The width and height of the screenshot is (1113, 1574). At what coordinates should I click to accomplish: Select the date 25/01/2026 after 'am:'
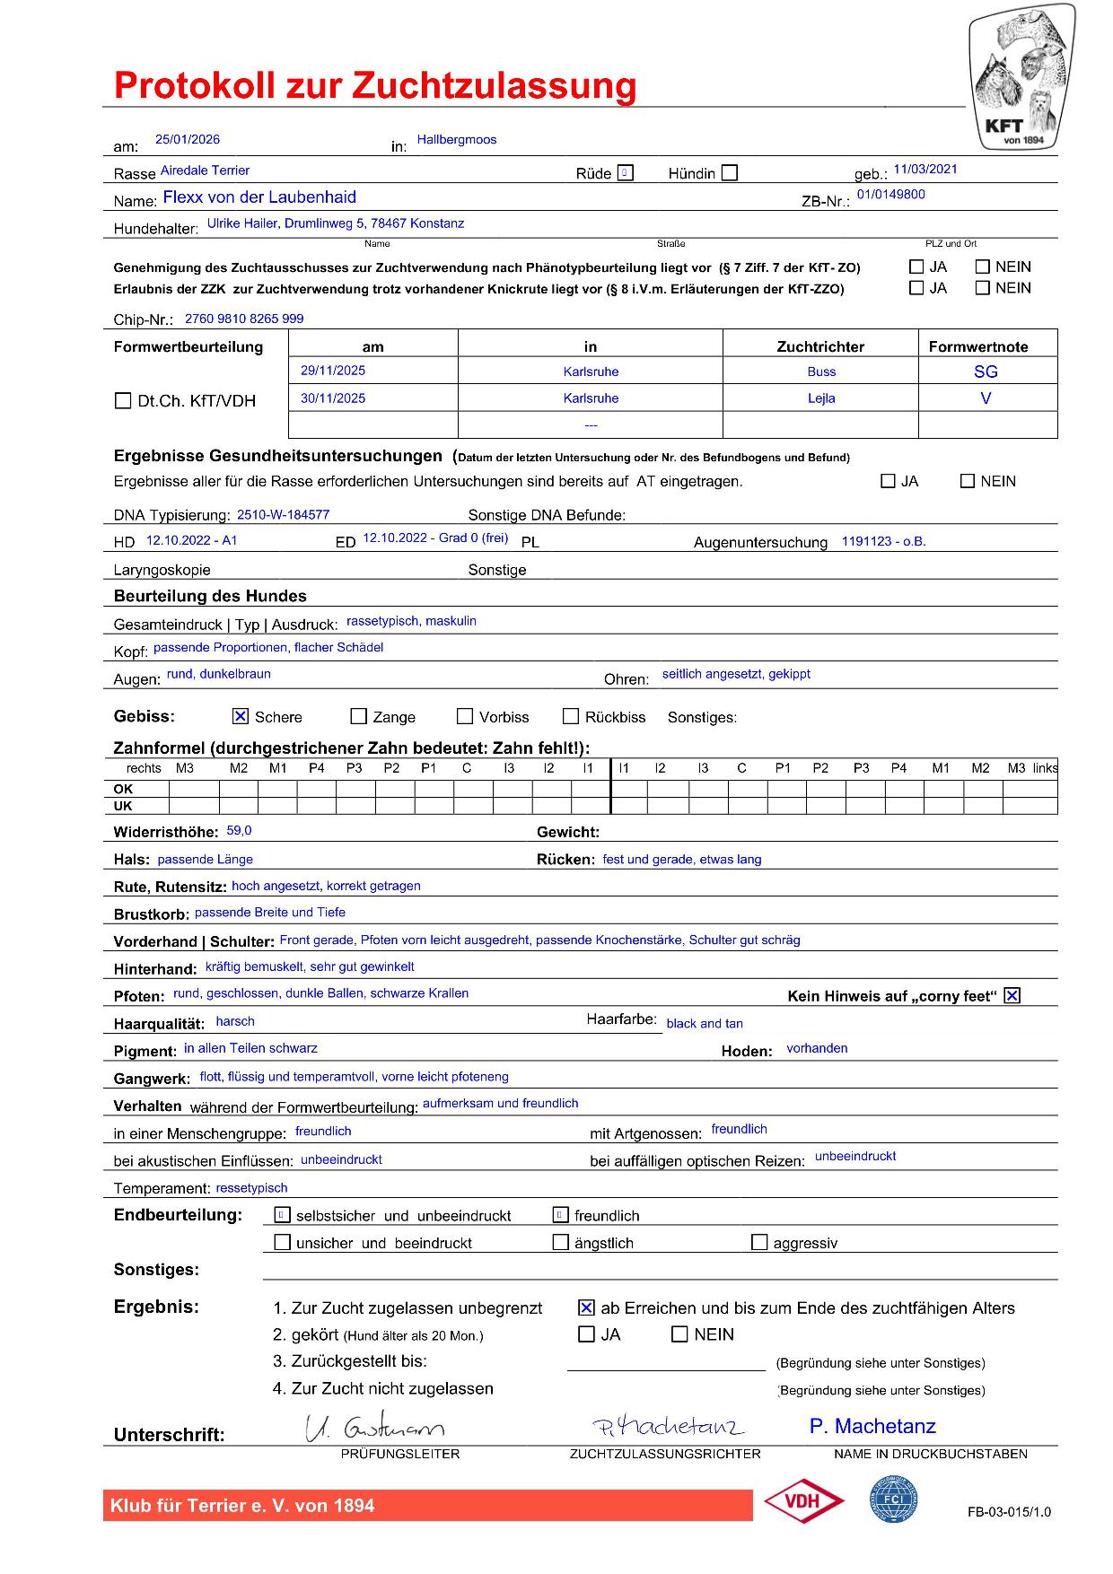click(x=188, y=140)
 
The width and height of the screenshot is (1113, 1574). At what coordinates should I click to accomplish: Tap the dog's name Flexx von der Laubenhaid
click(x=259, y=197)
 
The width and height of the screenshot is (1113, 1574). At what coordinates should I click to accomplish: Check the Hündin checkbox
click(x=730, y=173)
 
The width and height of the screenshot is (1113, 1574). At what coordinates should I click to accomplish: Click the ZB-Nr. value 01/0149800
click(x=890, y=195)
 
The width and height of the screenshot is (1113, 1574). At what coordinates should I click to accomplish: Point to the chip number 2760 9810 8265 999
click(x=244, y=319)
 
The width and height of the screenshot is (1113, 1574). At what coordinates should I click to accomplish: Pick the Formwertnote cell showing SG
click(x=986, y=372)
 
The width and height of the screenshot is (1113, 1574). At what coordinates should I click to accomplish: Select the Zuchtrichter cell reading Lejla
click(x=821, y=398)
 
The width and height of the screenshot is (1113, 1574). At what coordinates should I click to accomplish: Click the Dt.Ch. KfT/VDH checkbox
click(x=123, y=401)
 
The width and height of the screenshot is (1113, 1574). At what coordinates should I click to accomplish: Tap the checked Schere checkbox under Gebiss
click(x=240, y=716)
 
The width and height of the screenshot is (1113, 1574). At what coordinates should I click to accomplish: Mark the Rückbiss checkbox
click(x=571, y=716)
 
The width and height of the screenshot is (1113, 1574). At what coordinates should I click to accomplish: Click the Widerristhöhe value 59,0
click(x=239, y=831)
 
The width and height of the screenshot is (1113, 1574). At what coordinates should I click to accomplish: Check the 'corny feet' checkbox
click(x=1012, y=995)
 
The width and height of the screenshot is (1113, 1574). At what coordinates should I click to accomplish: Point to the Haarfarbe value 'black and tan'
click(x=705, y=1024)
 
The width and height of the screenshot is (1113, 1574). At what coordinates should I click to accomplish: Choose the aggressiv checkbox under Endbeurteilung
click(x=759, y=1243)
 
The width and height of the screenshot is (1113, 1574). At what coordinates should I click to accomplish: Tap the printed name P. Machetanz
click(x=872, y=1427)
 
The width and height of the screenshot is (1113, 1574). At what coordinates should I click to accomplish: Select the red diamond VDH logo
click(x=803, y=1502)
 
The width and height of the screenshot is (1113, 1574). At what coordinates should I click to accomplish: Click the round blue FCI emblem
click(x=893, y=1500)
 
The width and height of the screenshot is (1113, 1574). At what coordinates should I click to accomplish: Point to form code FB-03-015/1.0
click(x=1009, y=1512)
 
